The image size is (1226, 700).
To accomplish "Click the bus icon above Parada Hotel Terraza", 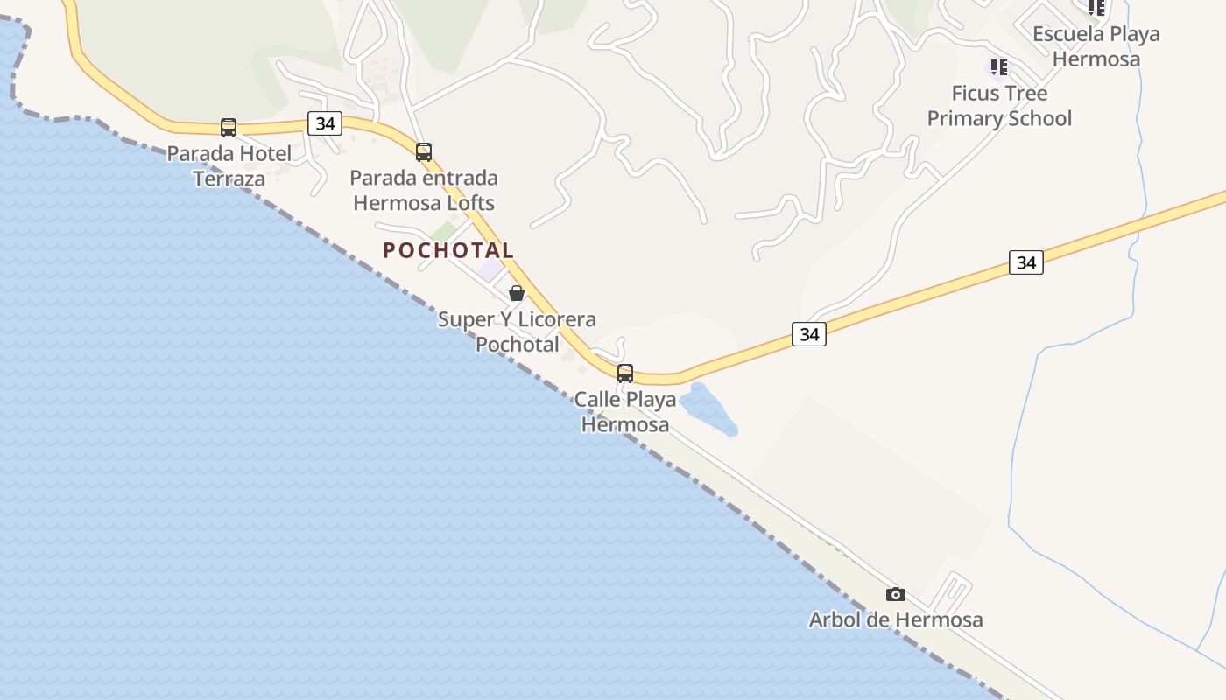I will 229,128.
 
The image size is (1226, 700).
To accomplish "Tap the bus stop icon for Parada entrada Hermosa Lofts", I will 424,152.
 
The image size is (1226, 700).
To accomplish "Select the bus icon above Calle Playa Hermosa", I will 625,374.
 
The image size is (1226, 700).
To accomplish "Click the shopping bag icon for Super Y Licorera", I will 517,293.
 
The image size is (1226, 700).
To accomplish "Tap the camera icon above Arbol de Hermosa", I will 895,595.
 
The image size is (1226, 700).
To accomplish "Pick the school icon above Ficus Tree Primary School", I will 998,67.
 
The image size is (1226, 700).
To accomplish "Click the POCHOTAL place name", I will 448,250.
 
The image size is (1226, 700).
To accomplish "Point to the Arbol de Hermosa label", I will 895,619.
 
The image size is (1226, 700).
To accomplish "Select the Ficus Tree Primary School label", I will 999,106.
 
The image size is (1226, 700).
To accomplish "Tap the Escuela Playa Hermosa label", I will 1096,46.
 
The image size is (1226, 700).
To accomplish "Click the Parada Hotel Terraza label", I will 229,166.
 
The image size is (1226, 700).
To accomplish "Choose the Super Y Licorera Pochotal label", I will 517,332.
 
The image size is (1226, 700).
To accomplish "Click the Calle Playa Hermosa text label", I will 625,412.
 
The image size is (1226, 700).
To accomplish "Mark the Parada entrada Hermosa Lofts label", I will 424,191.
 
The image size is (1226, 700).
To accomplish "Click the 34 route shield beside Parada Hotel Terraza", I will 325,123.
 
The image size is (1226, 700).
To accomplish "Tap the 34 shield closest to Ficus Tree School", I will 1025,262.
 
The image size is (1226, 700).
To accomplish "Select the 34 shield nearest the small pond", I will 809,333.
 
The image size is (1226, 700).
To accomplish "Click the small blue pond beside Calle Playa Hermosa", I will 708,409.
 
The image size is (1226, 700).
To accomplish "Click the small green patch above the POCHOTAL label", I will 444,230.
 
